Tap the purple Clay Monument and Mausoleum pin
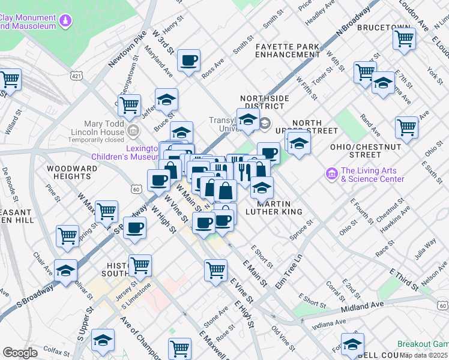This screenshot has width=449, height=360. tap(65, 23)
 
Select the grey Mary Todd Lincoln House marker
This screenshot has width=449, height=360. tap(134, 130)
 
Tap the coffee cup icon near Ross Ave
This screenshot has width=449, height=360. tap(189, 61)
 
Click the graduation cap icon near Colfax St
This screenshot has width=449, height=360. tap(103, 340)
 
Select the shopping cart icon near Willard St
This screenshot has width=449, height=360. tap(10, 79)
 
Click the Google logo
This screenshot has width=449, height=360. tap(20, 353)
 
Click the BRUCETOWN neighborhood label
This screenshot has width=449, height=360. tap(384, 28)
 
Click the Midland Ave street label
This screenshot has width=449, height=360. tap(362, 307)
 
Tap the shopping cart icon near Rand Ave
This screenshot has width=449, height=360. tap(406, 127)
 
